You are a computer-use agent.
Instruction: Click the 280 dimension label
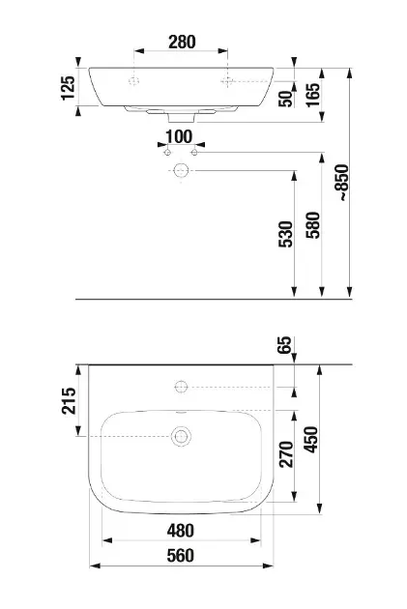[182, 42]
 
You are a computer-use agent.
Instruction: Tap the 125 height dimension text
[69, 88]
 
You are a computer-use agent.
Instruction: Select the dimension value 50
[285, 99]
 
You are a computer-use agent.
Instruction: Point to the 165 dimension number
[313, 95]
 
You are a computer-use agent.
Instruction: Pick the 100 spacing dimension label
[179, 136]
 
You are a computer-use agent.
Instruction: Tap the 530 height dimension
[285, 234]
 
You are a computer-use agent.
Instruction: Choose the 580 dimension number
[313, 225]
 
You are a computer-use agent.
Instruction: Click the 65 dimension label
[284, 344]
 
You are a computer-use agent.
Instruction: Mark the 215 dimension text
[69, 400]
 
